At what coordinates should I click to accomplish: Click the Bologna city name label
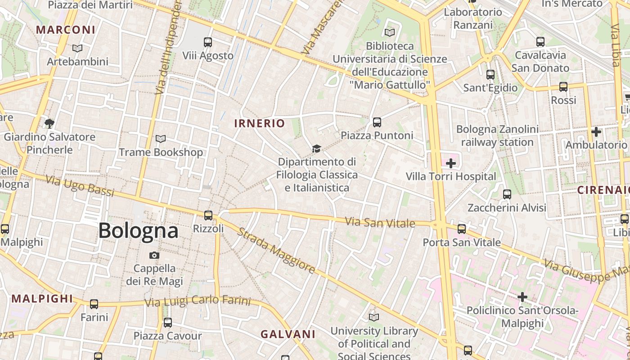tap(138, 231)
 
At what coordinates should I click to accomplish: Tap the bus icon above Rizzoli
tap(208, 215)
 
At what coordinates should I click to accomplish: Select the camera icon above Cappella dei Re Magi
tap(154, 255)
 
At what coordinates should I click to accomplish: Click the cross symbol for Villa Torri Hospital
tap(451, 163)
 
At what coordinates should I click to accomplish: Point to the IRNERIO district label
tap(260, 123)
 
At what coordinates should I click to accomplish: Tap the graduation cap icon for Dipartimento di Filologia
tap(317, 149)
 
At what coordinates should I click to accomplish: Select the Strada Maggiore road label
tap(276, 250)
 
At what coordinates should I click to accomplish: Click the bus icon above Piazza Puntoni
tap(377, 122)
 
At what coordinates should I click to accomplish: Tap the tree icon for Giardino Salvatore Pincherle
tap(49, 123)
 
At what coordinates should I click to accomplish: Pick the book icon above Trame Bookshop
tap(161, 139)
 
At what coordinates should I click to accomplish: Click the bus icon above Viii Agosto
tap(207, 42)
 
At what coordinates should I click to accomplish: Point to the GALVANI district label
tap(288, 334)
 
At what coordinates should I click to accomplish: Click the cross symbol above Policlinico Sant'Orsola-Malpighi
tap(522, 297)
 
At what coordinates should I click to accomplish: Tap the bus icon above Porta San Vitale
tap(462, 229)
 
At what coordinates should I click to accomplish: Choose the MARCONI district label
tap(66, 30)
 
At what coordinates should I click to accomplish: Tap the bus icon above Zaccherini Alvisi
tap(507, 194)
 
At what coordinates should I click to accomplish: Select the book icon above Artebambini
tap(77, 48)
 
